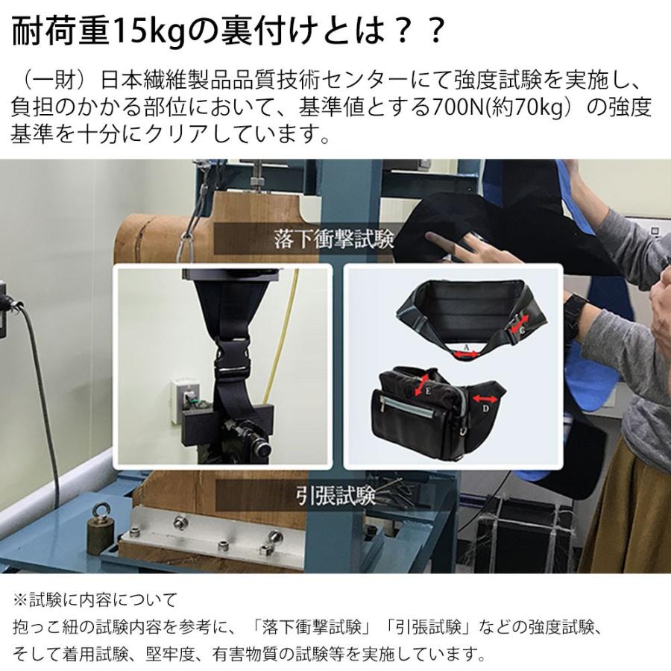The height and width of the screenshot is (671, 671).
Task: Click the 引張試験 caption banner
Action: [333, 493]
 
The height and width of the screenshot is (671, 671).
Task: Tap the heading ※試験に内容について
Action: [94, 599]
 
